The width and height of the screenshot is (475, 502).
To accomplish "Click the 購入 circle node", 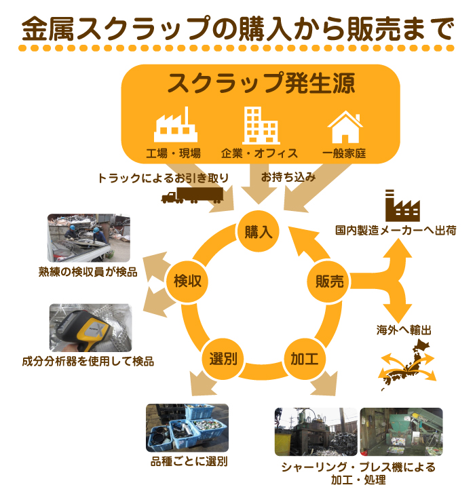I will pyautogui.click(x=258, y=231).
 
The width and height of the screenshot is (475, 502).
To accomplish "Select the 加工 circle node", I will pyautogui.click(x=299, y=358).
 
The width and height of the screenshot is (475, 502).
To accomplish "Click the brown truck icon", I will pyautogui.click(x=191, y=195).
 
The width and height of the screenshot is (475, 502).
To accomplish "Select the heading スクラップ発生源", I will pyautogui.click(x=261, y=84).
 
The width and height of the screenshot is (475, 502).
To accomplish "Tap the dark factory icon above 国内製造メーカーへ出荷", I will pyautogui.click(x=402, y=204).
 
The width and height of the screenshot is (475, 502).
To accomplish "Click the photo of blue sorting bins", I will pyautogui.click(x=187, y=428).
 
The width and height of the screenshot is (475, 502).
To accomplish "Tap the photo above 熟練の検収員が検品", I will pyautogui.click(x=89, y=238).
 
